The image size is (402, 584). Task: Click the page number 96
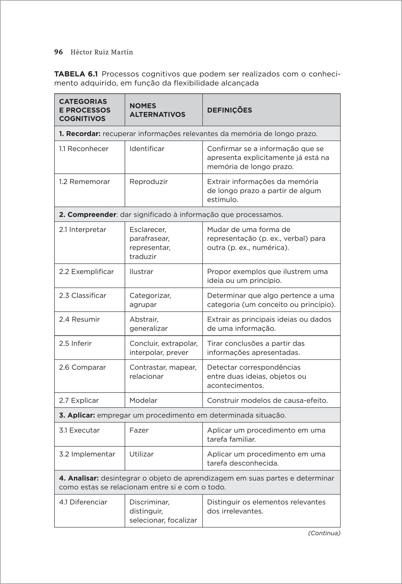[x=58, y=52]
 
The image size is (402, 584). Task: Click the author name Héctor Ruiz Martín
[x=102, y=52]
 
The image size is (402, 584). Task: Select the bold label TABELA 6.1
[x=76, y=74]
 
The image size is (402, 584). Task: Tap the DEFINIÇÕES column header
[x=229, y=110]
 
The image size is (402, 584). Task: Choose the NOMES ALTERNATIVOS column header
[x=157, y=110]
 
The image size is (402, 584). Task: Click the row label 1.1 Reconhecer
[x=84, y=149]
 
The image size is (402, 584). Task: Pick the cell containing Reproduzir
[x=149, y=182]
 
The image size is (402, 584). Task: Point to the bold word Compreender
[x=91, y=214]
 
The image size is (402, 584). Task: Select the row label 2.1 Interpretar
[x=82, y=230]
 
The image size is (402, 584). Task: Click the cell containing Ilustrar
[x=141, y=272]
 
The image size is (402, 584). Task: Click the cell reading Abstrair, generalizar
[x=149, y=324]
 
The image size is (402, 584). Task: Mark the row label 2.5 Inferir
[x=75, y=343]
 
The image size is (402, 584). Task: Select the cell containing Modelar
[x=143, y=400]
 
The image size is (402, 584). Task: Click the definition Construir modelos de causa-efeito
[x=267, y=400]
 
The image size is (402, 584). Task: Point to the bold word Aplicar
[x=81, y=415]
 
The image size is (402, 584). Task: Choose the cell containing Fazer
[x=139, y=430]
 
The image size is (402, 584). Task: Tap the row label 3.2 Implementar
[x=87, y=454]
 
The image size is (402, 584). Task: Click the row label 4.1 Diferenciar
[x=83, y=502]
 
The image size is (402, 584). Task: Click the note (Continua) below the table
[x=324, y=533]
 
